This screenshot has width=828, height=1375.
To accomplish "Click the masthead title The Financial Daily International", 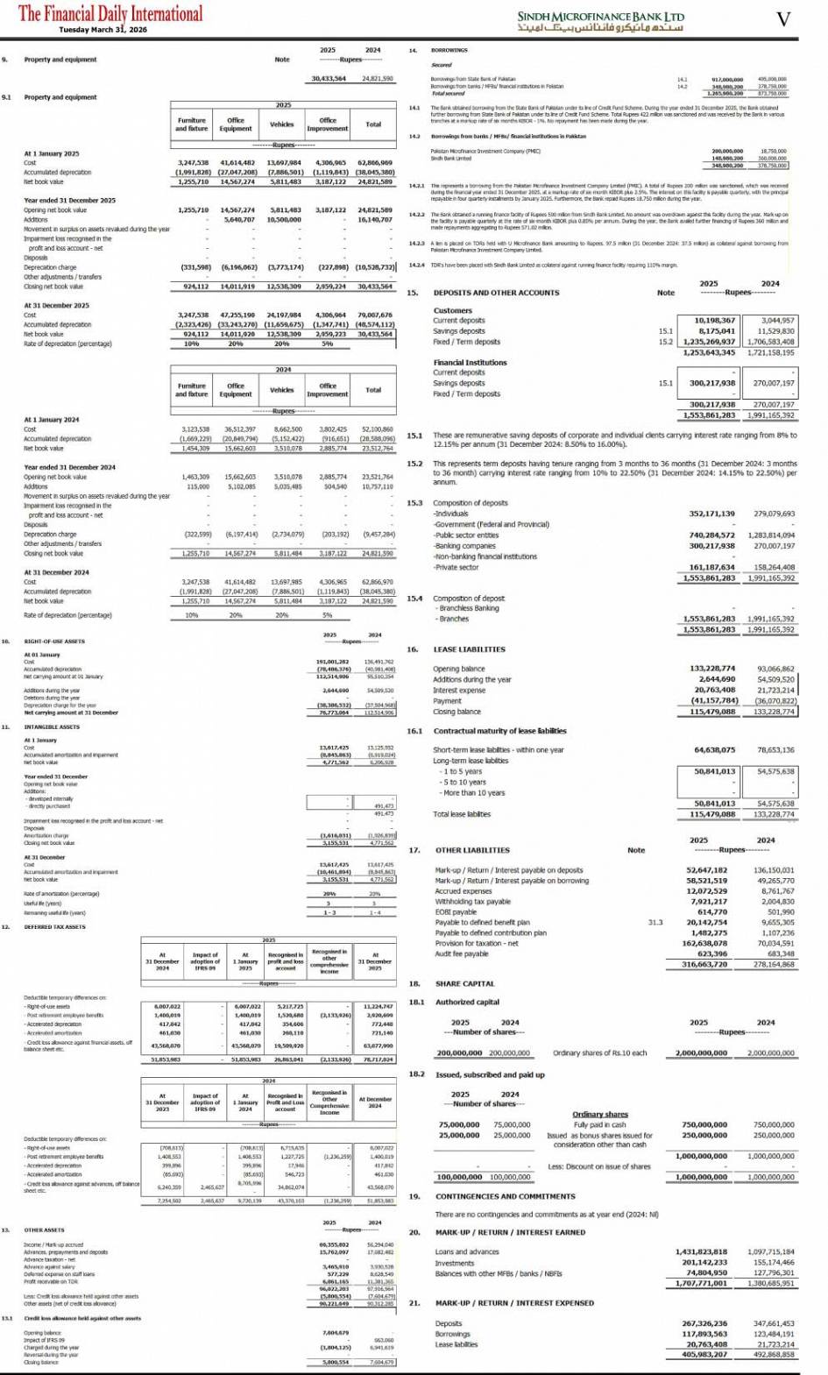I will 110,13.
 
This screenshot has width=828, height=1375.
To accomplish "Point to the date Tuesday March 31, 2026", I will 103,30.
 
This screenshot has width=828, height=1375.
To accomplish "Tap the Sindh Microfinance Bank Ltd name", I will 600,17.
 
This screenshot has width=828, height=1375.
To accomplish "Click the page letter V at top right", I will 783,18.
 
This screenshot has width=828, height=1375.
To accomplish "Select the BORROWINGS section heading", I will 449,51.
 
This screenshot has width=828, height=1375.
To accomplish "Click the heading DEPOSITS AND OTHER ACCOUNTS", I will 496,293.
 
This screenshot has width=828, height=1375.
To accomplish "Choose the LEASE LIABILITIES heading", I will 469,649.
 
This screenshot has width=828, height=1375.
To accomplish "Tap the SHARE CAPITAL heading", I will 465,983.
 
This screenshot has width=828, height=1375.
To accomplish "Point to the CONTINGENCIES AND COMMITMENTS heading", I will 506,1196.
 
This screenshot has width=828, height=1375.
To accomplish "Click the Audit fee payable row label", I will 462,953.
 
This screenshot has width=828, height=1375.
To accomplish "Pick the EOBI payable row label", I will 456,911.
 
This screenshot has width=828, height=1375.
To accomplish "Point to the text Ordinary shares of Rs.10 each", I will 599,1053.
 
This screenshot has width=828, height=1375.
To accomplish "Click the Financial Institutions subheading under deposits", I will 470,362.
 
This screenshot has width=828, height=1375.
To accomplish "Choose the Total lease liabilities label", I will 462,814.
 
